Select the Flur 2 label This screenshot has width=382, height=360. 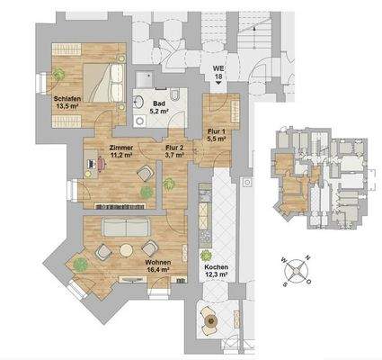pos(174,145)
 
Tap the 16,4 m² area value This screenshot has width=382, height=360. pos(157,267)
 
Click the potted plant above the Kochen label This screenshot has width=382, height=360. pos(206,256)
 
